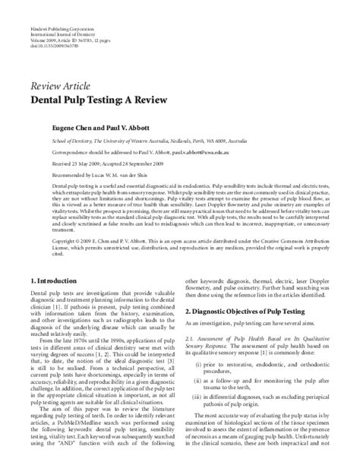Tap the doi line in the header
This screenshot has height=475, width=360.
coord(56,25)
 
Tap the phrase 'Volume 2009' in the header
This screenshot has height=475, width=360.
coord(43,20)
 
